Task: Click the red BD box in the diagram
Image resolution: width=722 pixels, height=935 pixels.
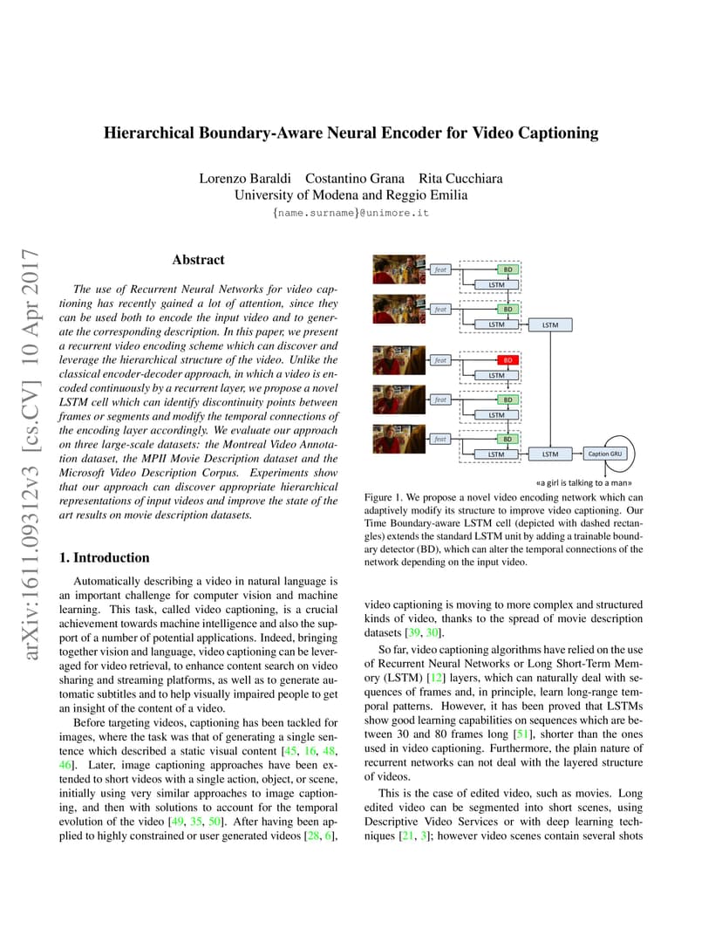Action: [507, 360]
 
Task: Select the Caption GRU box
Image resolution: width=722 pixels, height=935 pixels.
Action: [604, 454]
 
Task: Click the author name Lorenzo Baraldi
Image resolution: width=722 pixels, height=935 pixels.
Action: [245, 178]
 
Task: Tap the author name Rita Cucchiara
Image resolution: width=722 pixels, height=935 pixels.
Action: [460, 178]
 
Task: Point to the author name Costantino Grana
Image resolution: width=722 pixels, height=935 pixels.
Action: [355, 178]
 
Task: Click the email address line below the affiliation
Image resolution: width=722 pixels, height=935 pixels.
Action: [351, 213]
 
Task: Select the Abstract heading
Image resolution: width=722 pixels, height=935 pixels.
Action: [198, 259]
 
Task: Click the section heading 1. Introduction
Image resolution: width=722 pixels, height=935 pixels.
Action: [105, 557]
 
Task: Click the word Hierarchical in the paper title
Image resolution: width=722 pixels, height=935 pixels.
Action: [149, 133]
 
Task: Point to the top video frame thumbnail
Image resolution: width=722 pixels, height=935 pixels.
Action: [398, 270]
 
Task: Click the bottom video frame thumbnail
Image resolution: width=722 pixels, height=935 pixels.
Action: [398, 439]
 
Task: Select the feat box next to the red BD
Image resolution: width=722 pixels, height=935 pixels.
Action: [440, 360]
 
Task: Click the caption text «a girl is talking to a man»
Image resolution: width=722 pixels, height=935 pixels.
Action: [583, 482]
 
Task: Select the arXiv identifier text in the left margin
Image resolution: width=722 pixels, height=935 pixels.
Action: [31, 454]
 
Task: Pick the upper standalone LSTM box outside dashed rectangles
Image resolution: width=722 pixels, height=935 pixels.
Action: [550, 325]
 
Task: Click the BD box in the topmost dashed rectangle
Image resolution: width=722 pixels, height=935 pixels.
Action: [507, 270]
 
